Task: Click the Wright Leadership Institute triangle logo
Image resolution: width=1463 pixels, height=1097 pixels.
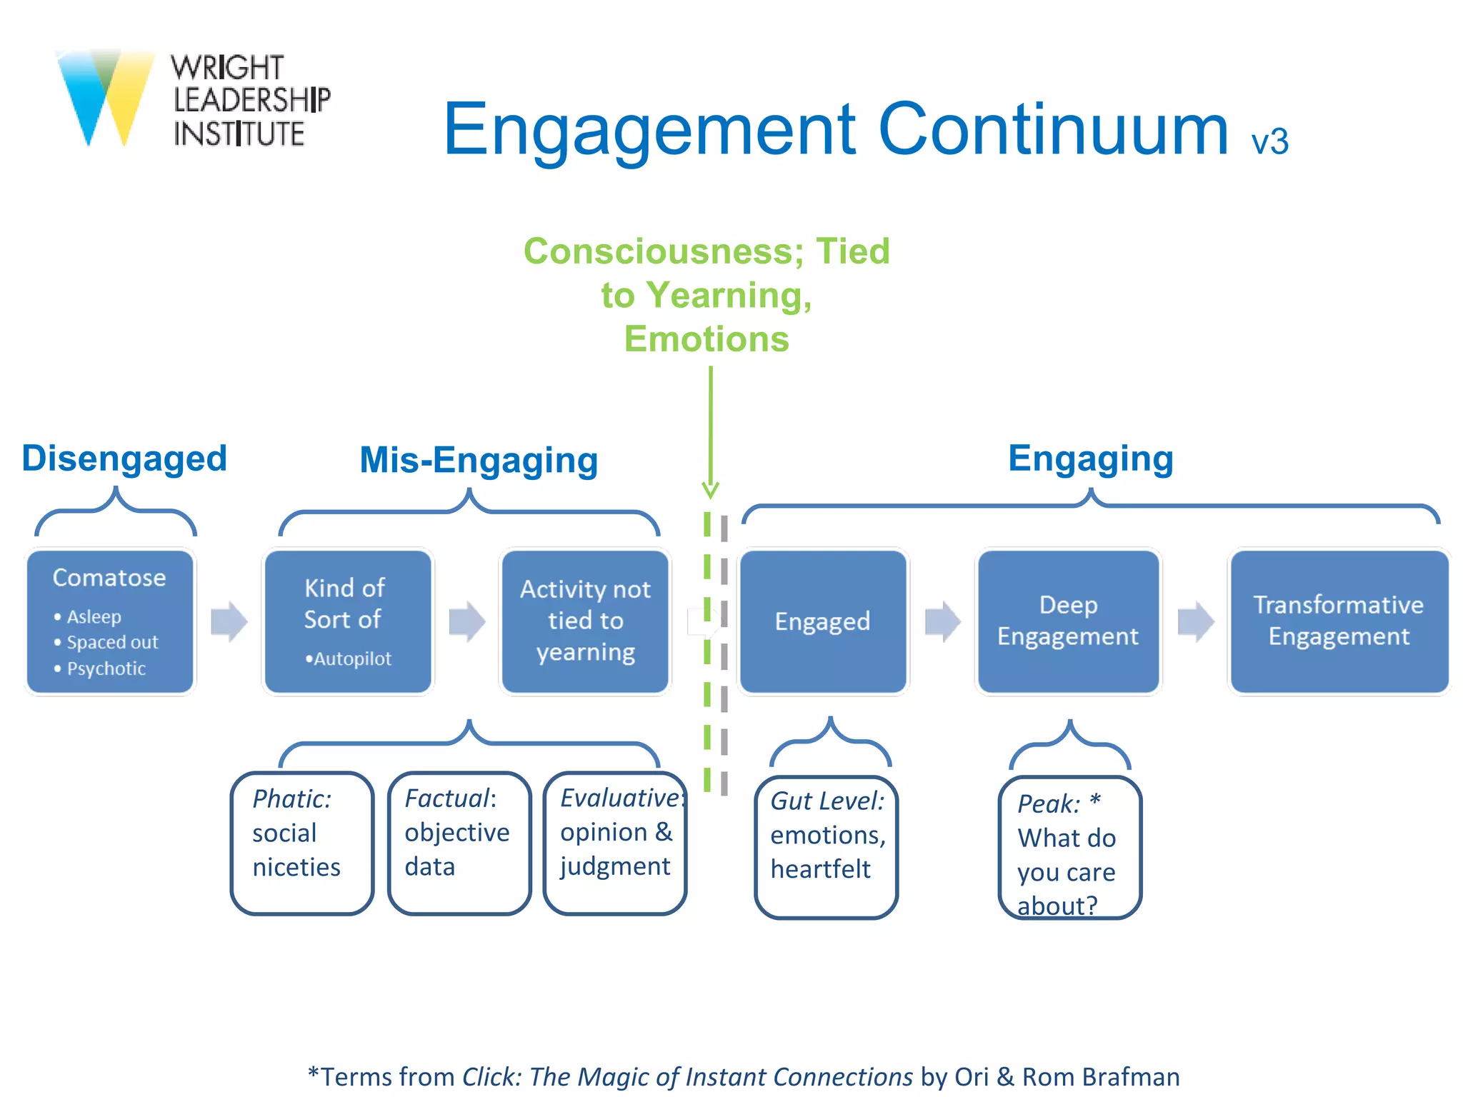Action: [x=105, y=96]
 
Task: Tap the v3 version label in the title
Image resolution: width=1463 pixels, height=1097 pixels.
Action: [x=1269, y=141]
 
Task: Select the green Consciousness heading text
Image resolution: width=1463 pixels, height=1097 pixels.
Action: [x=706, y=294]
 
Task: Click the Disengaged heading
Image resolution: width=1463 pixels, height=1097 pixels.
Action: [x=124, y=459]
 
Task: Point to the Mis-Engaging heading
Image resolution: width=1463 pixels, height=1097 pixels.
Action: [x=479, y=460]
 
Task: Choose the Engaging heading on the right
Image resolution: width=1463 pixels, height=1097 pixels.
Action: [x=1090, y=459]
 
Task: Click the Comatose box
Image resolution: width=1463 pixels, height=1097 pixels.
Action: [x=110, y=620]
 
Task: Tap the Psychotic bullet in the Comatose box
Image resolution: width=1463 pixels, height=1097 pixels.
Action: [x=106, y=668]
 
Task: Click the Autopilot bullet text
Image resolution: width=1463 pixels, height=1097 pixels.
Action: [x=351, y=658]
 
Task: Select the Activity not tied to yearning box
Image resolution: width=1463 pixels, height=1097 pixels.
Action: [x=585, y=620]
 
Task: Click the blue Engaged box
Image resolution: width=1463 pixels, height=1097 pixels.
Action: [x=822, y=621]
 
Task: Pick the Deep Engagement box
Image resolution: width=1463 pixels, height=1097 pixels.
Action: [x=1067, y=621]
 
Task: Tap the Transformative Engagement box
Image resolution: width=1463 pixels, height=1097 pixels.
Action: [x=1338, y=621]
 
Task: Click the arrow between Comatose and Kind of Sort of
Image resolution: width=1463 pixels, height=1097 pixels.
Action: [x=229, y=621]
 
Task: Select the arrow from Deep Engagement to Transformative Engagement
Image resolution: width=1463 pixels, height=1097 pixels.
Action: [x=1195, y=621]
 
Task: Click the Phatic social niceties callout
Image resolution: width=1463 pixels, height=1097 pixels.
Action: [x=302, y=843]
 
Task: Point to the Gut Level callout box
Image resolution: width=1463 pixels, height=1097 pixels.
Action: [x=827, y=846]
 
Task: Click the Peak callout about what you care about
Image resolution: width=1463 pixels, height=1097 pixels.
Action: [x=1069, y=848]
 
